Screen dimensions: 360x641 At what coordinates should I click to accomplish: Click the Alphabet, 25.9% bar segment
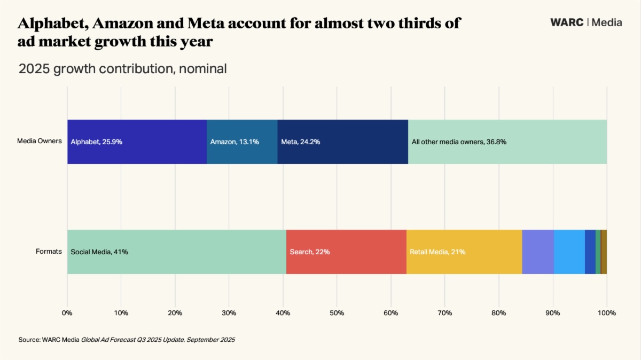pos(137,142)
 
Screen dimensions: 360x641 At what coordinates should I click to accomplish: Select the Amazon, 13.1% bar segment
pos(242,142)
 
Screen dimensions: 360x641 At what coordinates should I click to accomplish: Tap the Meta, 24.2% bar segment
pos(342,142)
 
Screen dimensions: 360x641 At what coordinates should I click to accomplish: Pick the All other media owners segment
pos(507,142)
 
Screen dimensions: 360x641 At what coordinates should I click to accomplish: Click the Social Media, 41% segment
pos(177,252)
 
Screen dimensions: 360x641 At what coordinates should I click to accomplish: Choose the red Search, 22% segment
pos(346,252)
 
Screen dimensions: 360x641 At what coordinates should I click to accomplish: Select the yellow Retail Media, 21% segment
pos(464,252)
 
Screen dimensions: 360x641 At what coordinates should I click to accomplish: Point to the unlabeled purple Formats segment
pos(537,252)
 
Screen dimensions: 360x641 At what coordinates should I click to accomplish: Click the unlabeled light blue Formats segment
pos(569,252)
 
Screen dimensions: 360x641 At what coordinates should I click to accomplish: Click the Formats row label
pos(49,252)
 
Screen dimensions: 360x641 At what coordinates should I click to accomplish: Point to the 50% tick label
pos(337,312)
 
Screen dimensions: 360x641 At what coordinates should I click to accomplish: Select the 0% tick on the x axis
pos(67,312)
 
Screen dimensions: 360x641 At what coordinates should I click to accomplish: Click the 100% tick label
pos(606,312)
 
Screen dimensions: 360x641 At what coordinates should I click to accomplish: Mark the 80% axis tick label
pos(498,312)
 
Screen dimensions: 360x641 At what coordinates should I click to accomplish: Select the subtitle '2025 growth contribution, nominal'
pos(122,69)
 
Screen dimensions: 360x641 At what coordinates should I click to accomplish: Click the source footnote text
pos(127,340)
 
